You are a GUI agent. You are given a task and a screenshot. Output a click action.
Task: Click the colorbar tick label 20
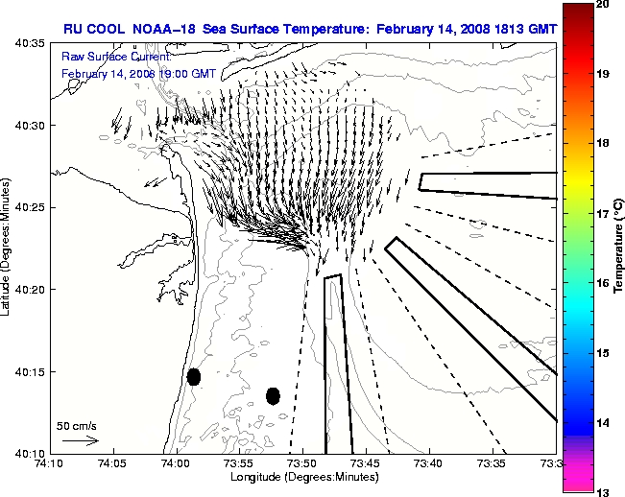[x=605, y=5]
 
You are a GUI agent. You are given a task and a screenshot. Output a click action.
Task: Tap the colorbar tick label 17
[x=605, y=214]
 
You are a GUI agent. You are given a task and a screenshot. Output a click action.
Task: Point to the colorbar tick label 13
[x=605, y=491]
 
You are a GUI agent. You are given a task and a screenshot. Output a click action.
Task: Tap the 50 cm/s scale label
[x=77, y=425]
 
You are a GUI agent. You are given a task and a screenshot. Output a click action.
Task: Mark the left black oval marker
[x=194, y=376]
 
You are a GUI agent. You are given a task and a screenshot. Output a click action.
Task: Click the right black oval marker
[x=273, y=395]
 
